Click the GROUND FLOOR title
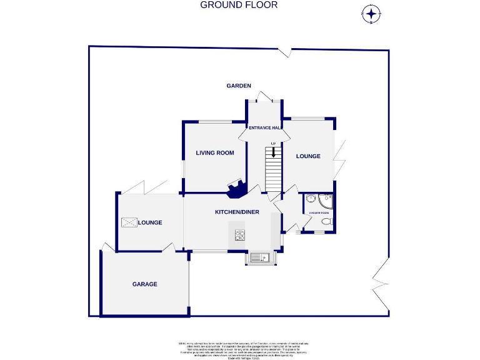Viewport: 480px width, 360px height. coord(239,5)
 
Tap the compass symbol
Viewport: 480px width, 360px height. coord(371,13)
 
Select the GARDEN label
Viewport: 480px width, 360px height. coord(238,86)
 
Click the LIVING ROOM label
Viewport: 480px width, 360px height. coord(214,152)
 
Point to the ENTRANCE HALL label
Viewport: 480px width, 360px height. coord(265,127)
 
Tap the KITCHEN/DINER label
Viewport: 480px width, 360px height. coord(237,212)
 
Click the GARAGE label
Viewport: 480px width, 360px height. coord(144,284)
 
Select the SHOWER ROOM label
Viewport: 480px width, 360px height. coord(319,212)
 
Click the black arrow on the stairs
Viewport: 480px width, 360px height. coord(273,152)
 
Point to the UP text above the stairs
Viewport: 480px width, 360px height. coord(273,144)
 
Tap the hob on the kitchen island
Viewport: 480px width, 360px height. coord(240,235)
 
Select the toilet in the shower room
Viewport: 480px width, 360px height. coord(325,222)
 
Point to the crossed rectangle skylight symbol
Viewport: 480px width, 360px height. coord(129,222)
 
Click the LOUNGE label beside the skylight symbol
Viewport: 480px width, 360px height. coord(150,222)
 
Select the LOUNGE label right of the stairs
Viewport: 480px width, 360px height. coord(308,156)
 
